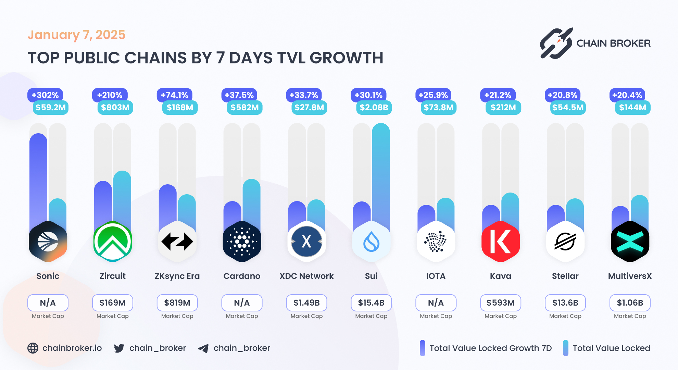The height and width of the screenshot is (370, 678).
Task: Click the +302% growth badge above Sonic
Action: coord(45,95)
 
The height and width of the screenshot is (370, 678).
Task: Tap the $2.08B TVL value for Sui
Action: coord(374,108)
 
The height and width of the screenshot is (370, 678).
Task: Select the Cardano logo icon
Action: coord(242,242)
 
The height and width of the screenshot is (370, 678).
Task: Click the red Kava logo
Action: coord(500,242)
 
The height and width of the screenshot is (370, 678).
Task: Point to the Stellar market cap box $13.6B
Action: coord(565,303)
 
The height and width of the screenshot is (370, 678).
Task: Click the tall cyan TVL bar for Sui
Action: coord(380,171)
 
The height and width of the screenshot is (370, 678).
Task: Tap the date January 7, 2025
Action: coord(76,35)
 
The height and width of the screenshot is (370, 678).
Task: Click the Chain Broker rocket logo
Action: coord(556,43)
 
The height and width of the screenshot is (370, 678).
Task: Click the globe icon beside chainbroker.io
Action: coord(33,348)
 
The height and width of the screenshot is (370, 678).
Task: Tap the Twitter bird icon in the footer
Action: coord(119,348)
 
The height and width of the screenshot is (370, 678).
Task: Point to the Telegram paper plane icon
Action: coord(203,348)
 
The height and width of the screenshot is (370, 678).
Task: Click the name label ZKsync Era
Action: coord(177,276)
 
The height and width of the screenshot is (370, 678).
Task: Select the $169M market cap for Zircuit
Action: coord(112,303)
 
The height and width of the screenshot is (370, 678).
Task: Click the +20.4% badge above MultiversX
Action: coord(627,95)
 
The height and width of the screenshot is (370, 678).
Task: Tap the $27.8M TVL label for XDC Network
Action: coord(309,108)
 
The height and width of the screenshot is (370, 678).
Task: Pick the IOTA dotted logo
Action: coord(436,242)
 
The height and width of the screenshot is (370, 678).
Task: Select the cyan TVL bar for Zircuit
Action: coord(122,199)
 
